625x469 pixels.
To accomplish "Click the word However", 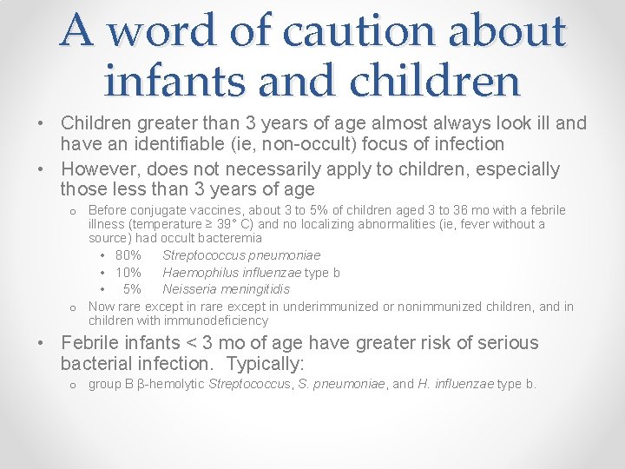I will [97, 168].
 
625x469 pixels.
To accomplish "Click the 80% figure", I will [128, 255].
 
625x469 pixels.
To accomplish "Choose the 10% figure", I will [128, 272].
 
